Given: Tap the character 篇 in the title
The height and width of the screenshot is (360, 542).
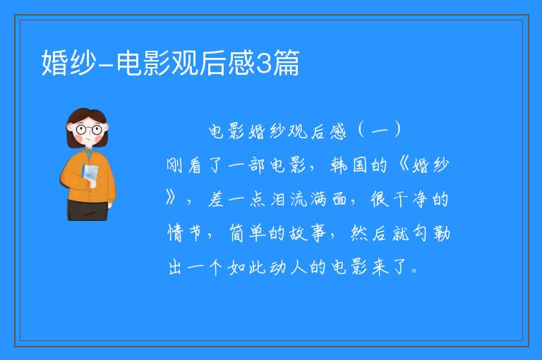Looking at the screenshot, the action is click(286, 63).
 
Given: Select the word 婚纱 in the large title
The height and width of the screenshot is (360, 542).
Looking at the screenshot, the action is click(68, 63).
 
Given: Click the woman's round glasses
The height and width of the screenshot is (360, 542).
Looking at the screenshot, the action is click(88, 130).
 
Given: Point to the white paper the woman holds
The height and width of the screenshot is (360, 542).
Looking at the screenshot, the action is click(90, 175).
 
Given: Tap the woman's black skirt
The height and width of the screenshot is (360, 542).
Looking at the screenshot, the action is click(88, 210).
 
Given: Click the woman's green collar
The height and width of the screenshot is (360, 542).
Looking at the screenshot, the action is click(89, 154).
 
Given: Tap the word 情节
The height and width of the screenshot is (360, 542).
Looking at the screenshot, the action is click(184, 233).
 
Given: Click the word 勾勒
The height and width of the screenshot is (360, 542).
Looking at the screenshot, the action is click(431, 233).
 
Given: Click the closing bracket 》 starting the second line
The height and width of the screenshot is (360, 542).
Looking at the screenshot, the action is click(171, 198).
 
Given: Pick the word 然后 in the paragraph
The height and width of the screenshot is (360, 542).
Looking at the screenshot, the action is click(370, 233).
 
